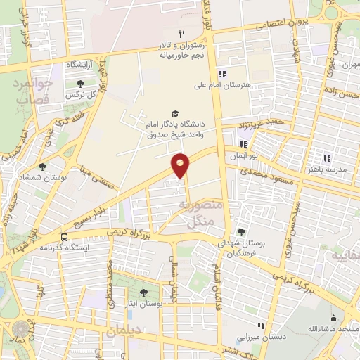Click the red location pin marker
click(x=181, y=165)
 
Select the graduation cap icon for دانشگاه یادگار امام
click(x=174, y=113)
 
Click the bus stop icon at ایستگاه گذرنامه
click(x=65, y=237)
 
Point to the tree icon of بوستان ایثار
click(x=143, y=292)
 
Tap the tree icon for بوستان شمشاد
click(x=43, y=167)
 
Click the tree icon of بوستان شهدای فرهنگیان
click(x=241, y=232)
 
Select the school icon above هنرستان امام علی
click(x=222, y=75)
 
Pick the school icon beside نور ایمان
click(x=243, y=144)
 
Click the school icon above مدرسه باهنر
click(x=326, y=158)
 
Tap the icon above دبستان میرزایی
click(x=261, y=325)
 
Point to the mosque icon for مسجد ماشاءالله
click(x=333, y=318)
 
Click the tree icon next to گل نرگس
click(x=89, y=84)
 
